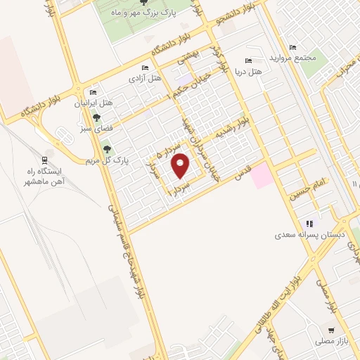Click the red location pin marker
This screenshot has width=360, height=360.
[181, 166]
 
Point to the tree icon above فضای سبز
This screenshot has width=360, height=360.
[96, 117]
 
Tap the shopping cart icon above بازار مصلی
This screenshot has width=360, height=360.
[330, 330]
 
